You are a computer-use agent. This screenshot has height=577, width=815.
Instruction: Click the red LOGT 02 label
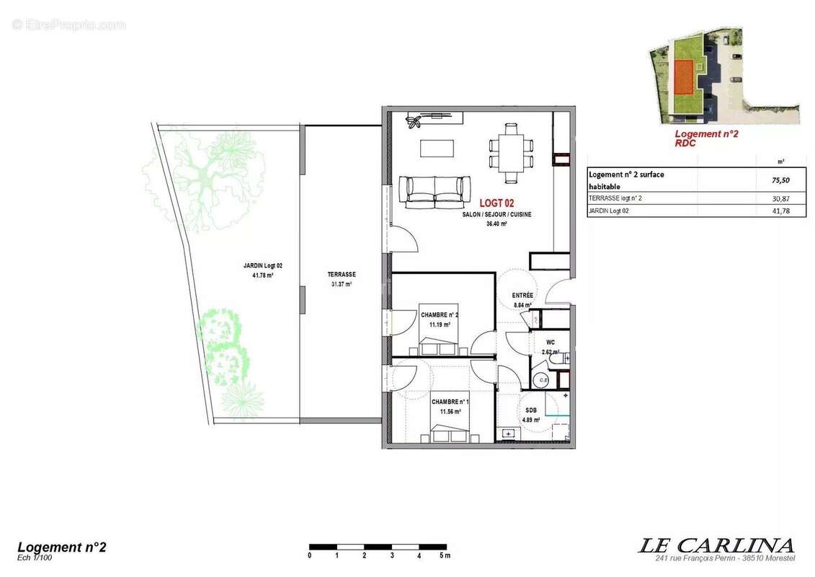496,204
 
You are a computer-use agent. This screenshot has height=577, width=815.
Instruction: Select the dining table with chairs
511,152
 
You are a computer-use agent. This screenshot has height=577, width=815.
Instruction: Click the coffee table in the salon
437,148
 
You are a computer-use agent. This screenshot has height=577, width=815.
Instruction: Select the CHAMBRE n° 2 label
440,314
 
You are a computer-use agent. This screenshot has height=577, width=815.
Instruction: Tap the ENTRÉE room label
522,295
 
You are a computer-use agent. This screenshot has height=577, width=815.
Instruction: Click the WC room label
550,343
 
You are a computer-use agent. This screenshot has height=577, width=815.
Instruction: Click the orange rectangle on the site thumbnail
683,77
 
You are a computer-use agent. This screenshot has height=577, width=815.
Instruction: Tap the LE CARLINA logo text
716,545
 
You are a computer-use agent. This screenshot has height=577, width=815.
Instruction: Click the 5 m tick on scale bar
445,555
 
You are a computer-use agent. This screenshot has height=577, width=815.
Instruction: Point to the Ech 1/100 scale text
35,557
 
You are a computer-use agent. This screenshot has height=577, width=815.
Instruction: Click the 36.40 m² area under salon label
496,224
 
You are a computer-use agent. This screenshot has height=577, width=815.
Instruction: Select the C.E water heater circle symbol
543,380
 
